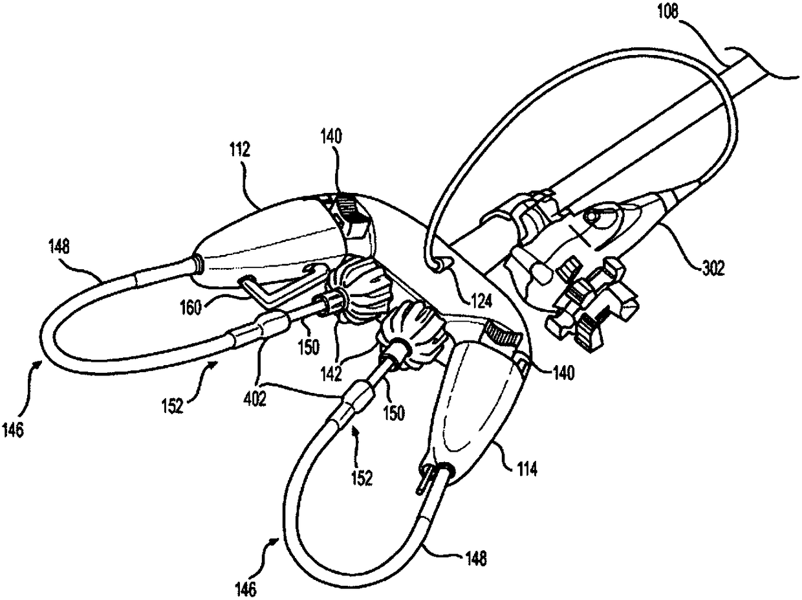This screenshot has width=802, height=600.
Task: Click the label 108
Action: pyautogui.click(x=668, y=12)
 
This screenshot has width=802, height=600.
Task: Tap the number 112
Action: pyautogui.click(x=240, y=149)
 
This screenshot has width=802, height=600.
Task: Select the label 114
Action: pyautogui.click(x=526, y=469)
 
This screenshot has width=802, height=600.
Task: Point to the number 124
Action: pyautogui.click(x=481, y=301)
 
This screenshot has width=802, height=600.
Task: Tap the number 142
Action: pyautogui.click(x=331, y=373)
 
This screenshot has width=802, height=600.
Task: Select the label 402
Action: pyautogui.click(x=255, y=399)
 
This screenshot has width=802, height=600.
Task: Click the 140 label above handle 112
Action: pyautogui.click(x=331, y=137)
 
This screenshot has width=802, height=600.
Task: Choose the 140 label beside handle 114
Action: pyautogui.click(x=563, y=373)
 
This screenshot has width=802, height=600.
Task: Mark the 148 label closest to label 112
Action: pyautogui.click(x=58, y=247)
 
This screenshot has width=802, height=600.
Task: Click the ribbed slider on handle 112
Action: pyautogui.click(x=351, y=209)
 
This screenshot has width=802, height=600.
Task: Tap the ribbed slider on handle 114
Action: pyautogui.click(x=503, y=334)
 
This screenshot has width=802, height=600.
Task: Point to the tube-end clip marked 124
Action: pyautogui.click(x=441, y=264)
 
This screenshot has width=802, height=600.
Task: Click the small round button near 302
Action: pyautogui.click(x=591, y=218)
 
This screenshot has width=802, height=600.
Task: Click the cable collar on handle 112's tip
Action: pyautogui.click(x=197, y=263)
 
